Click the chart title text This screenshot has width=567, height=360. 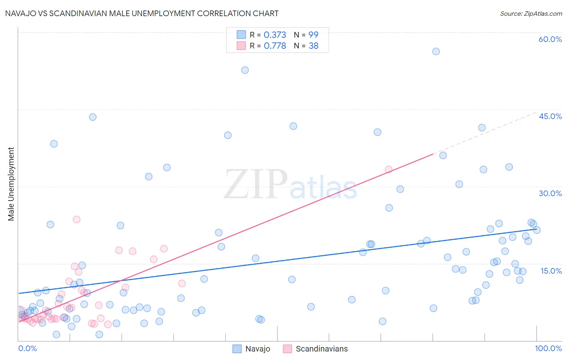coord(142,13)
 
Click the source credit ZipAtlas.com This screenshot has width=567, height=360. coord(531,13)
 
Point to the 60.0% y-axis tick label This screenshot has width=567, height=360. coord(550,39)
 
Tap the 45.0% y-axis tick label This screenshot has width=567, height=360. coord(550,116)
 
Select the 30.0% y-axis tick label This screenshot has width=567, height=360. coord(550,193)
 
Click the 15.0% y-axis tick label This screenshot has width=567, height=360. coord(551,271)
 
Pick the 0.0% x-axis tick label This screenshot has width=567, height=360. coord(27,348)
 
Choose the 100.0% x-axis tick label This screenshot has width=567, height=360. coord(548,348)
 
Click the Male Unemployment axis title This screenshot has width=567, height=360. coord(11,184)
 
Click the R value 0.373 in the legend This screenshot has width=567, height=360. coord(275,35)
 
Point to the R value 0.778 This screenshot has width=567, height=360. coord(275,46)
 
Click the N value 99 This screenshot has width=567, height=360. coord(313,35)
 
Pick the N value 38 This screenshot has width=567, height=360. coord(313,46)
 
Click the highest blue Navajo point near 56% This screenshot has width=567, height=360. coord(436,51)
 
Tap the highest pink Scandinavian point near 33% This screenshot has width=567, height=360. coord(388,170)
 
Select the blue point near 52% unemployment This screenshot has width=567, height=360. coord(245,70)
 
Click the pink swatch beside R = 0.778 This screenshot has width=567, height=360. coord(241,46)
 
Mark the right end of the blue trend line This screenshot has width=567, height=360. coord(537,229)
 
